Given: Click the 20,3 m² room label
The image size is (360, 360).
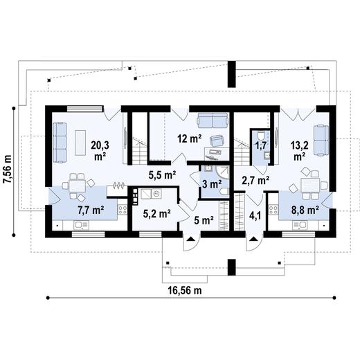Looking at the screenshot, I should click(x=100, y=150).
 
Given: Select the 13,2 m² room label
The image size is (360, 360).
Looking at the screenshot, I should click(x=299, y=151).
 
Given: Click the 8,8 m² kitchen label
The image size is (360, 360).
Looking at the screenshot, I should click(x=304, y=207).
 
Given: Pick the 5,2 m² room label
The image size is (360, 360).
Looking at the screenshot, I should click(x=156, y=214).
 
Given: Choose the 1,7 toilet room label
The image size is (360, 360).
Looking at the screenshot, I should click(x=261, y=146).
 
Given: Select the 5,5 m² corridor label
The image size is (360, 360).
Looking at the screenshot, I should click(x=163, y=176).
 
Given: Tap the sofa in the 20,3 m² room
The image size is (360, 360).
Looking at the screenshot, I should click(x=59, y=140).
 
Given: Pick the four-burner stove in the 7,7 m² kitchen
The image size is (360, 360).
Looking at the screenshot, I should click(x=122, y=207).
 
